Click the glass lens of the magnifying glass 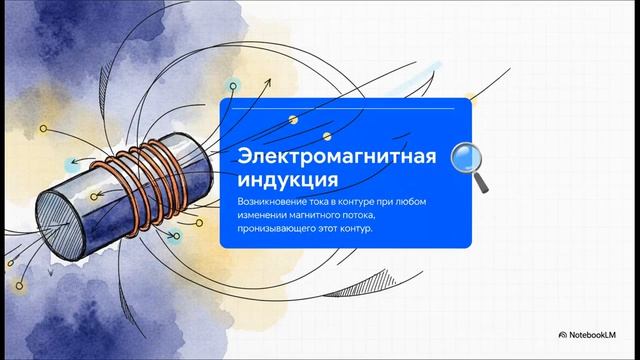[x=465, y=157]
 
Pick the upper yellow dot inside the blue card [x=293, y=120]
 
